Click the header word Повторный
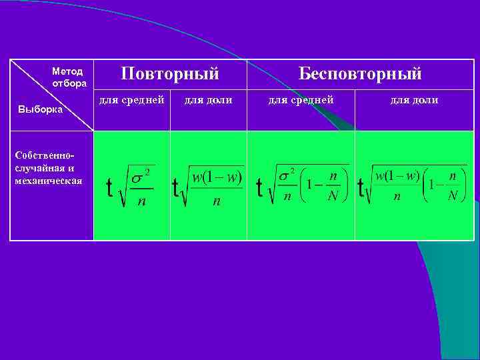coord(170,73)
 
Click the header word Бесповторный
coord(360,73)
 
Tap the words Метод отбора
coord(67,77)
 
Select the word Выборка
coord(40,109)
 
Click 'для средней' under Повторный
coord(131,100)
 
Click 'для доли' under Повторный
coord(208,100)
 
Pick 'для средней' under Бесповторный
coord(301,100)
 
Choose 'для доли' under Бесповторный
coord(414,100)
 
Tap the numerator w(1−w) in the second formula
coord(217,178)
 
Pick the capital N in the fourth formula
coord(453,196)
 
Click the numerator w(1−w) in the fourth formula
coord(397,176)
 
